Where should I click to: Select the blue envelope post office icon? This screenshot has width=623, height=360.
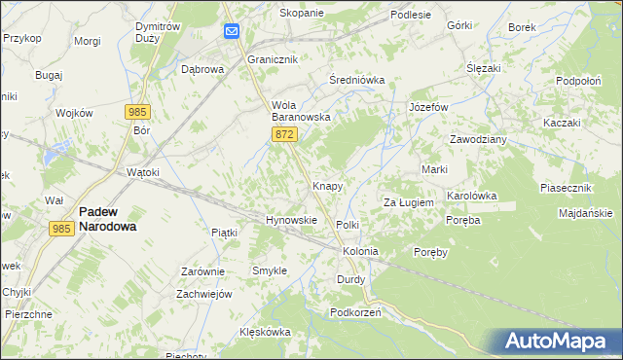coord(232,32)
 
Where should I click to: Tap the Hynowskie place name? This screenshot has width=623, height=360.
coord(292,220)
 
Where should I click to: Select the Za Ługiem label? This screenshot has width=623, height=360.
coord(408,202)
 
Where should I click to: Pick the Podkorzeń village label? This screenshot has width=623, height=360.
coord(355,312)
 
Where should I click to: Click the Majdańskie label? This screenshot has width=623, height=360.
coord(585,213)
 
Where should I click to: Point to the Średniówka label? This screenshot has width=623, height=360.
coord(357,80)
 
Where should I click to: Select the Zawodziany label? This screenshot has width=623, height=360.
coord(478,139)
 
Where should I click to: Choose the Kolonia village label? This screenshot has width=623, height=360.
coord(360,251)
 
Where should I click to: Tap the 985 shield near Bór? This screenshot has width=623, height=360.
coord(139,112)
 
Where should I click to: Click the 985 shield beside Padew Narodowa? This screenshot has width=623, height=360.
coord(61,228)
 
